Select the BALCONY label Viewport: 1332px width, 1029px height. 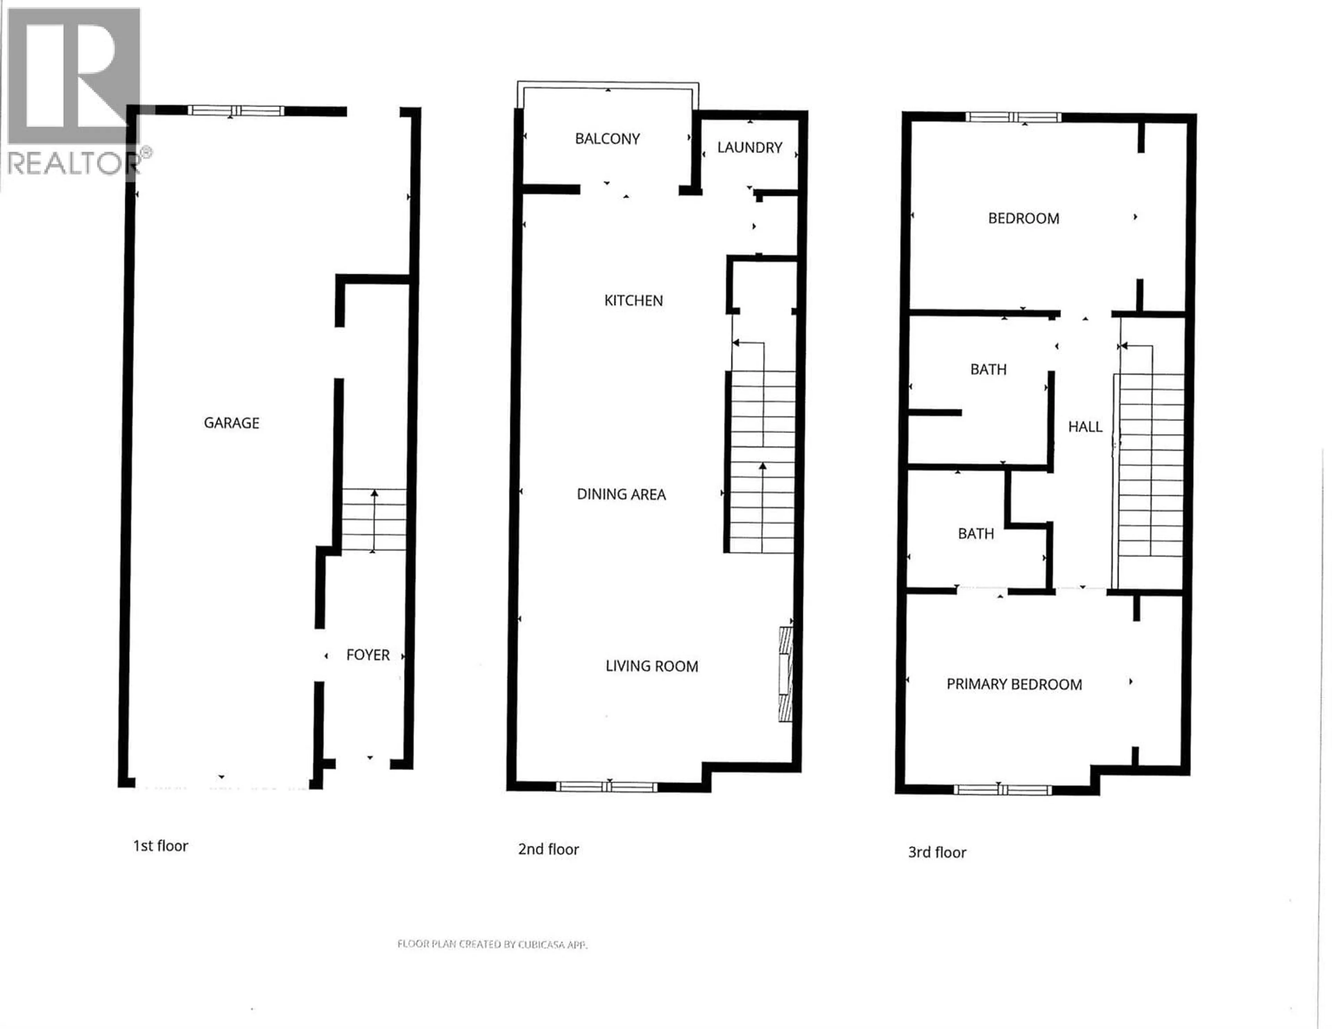click(x=607, y=139)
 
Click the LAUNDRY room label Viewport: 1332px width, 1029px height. click(x=750, y=148)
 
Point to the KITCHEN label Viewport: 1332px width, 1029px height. click(x=633, y=301)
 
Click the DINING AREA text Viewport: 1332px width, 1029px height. click(x=621, y=494)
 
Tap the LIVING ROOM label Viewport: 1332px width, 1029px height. click(x=651, y=666)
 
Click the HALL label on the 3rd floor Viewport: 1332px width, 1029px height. click(x=1085, y=427)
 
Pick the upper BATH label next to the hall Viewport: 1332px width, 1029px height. click(x=988, y=370)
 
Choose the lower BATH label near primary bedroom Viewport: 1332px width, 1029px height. click(x=976, y=534)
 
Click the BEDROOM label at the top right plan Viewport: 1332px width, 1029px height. click(x=1023, y=218)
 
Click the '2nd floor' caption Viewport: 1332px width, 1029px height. click(x=548, y=849)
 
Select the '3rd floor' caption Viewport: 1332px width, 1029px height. click(x=937, y=852)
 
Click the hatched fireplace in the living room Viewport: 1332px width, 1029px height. click(x=786, y=674)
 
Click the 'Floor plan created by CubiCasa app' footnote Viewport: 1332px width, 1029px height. click(x=492, y=944)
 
